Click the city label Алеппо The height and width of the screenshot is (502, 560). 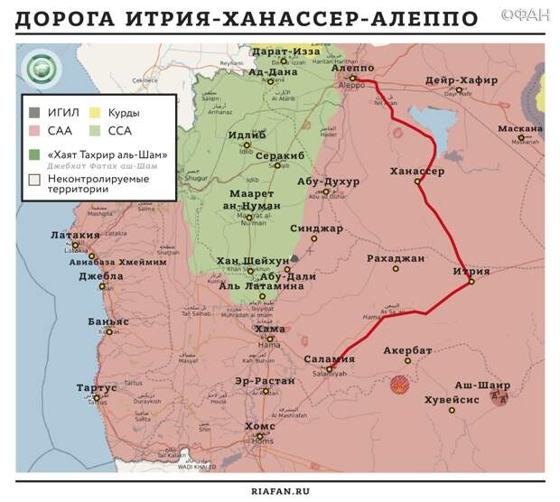(x=352, y=68)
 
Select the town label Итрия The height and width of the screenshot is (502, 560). (x=471, y=271)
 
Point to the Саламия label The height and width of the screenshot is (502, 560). (x=329, y=359)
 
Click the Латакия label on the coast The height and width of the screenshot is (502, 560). (x=75, y=235)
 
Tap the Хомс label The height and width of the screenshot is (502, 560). (x=260, y=425)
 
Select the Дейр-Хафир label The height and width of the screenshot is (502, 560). (x=461, y=80)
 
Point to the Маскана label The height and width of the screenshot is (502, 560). (x=519, y=128)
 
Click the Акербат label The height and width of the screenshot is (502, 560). (x=407, y=349)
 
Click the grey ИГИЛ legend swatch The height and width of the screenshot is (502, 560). (x=34, y=113)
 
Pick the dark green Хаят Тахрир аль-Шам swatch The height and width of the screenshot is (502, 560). (x=34, y=154)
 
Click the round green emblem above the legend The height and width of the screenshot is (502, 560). (x=40, y=70)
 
